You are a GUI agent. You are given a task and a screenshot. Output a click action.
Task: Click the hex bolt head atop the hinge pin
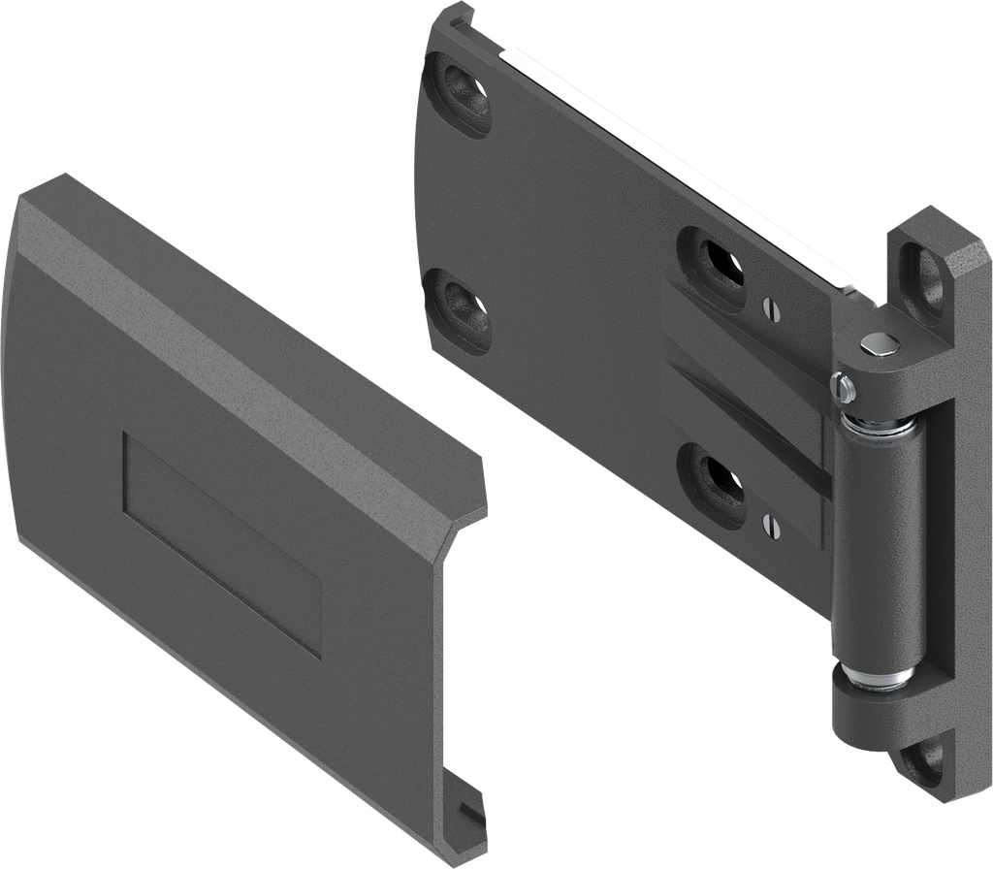tap(878, 342)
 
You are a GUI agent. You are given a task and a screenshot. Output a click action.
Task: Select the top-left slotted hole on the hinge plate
tap(461, 94)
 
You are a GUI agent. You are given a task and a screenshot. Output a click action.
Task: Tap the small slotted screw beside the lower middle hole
tap(770, 525)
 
